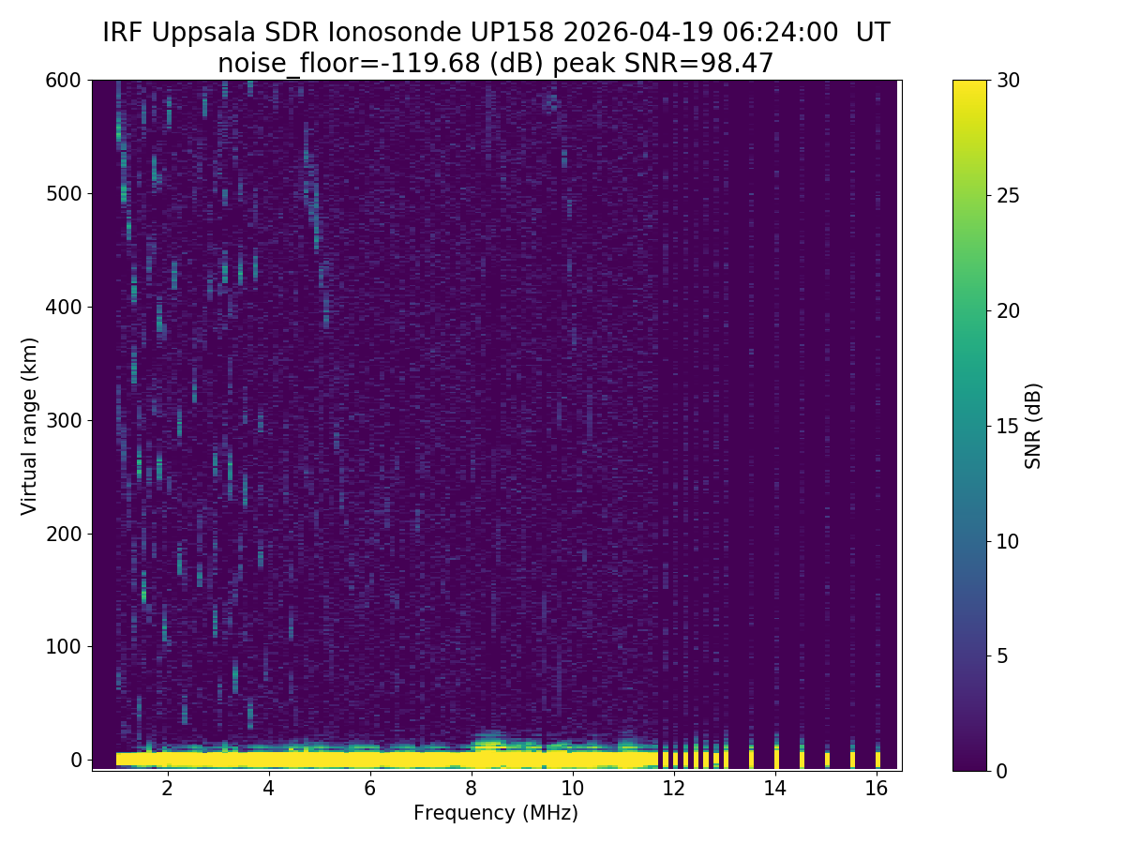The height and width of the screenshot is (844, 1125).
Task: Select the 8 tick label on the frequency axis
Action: click(x=471, y=789)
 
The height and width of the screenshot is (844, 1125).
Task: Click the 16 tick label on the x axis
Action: click(x=876, y=789)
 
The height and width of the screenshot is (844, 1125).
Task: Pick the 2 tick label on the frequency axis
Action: click(x=167, y=789)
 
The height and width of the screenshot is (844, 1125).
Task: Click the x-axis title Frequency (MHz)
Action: click(x=496, y=813)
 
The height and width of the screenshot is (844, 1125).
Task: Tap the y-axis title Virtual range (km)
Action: click(x=30, y=426)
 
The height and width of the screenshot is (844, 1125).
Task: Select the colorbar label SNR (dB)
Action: click(x=1033, y=426)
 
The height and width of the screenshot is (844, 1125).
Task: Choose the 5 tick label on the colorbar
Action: click(x=1001, y=656)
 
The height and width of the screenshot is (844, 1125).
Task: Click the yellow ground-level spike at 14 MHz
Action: click(x=776, y=757)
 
